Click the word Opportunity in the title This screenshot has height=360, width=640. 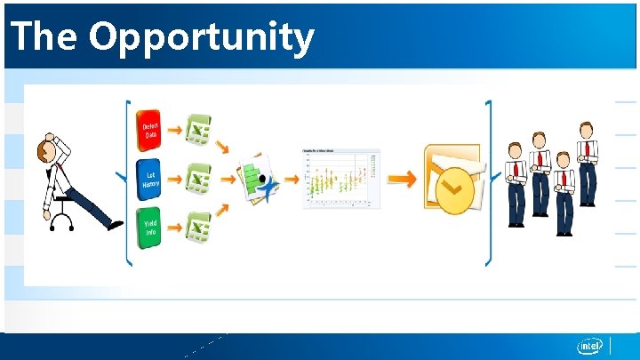202,37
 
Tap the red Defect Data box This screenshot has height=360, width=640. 150,132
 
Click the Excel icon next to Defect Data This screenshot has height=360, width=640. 198,132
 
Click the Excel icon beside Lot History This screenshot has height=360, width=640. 198,180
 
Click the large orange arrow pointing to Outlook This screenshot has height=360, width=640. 403,180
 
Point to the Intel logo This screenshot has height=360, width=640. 589,346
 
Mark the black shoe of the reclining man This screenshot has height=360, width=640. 115,226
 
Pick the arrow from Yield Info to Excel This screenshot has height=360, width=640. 174,230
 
